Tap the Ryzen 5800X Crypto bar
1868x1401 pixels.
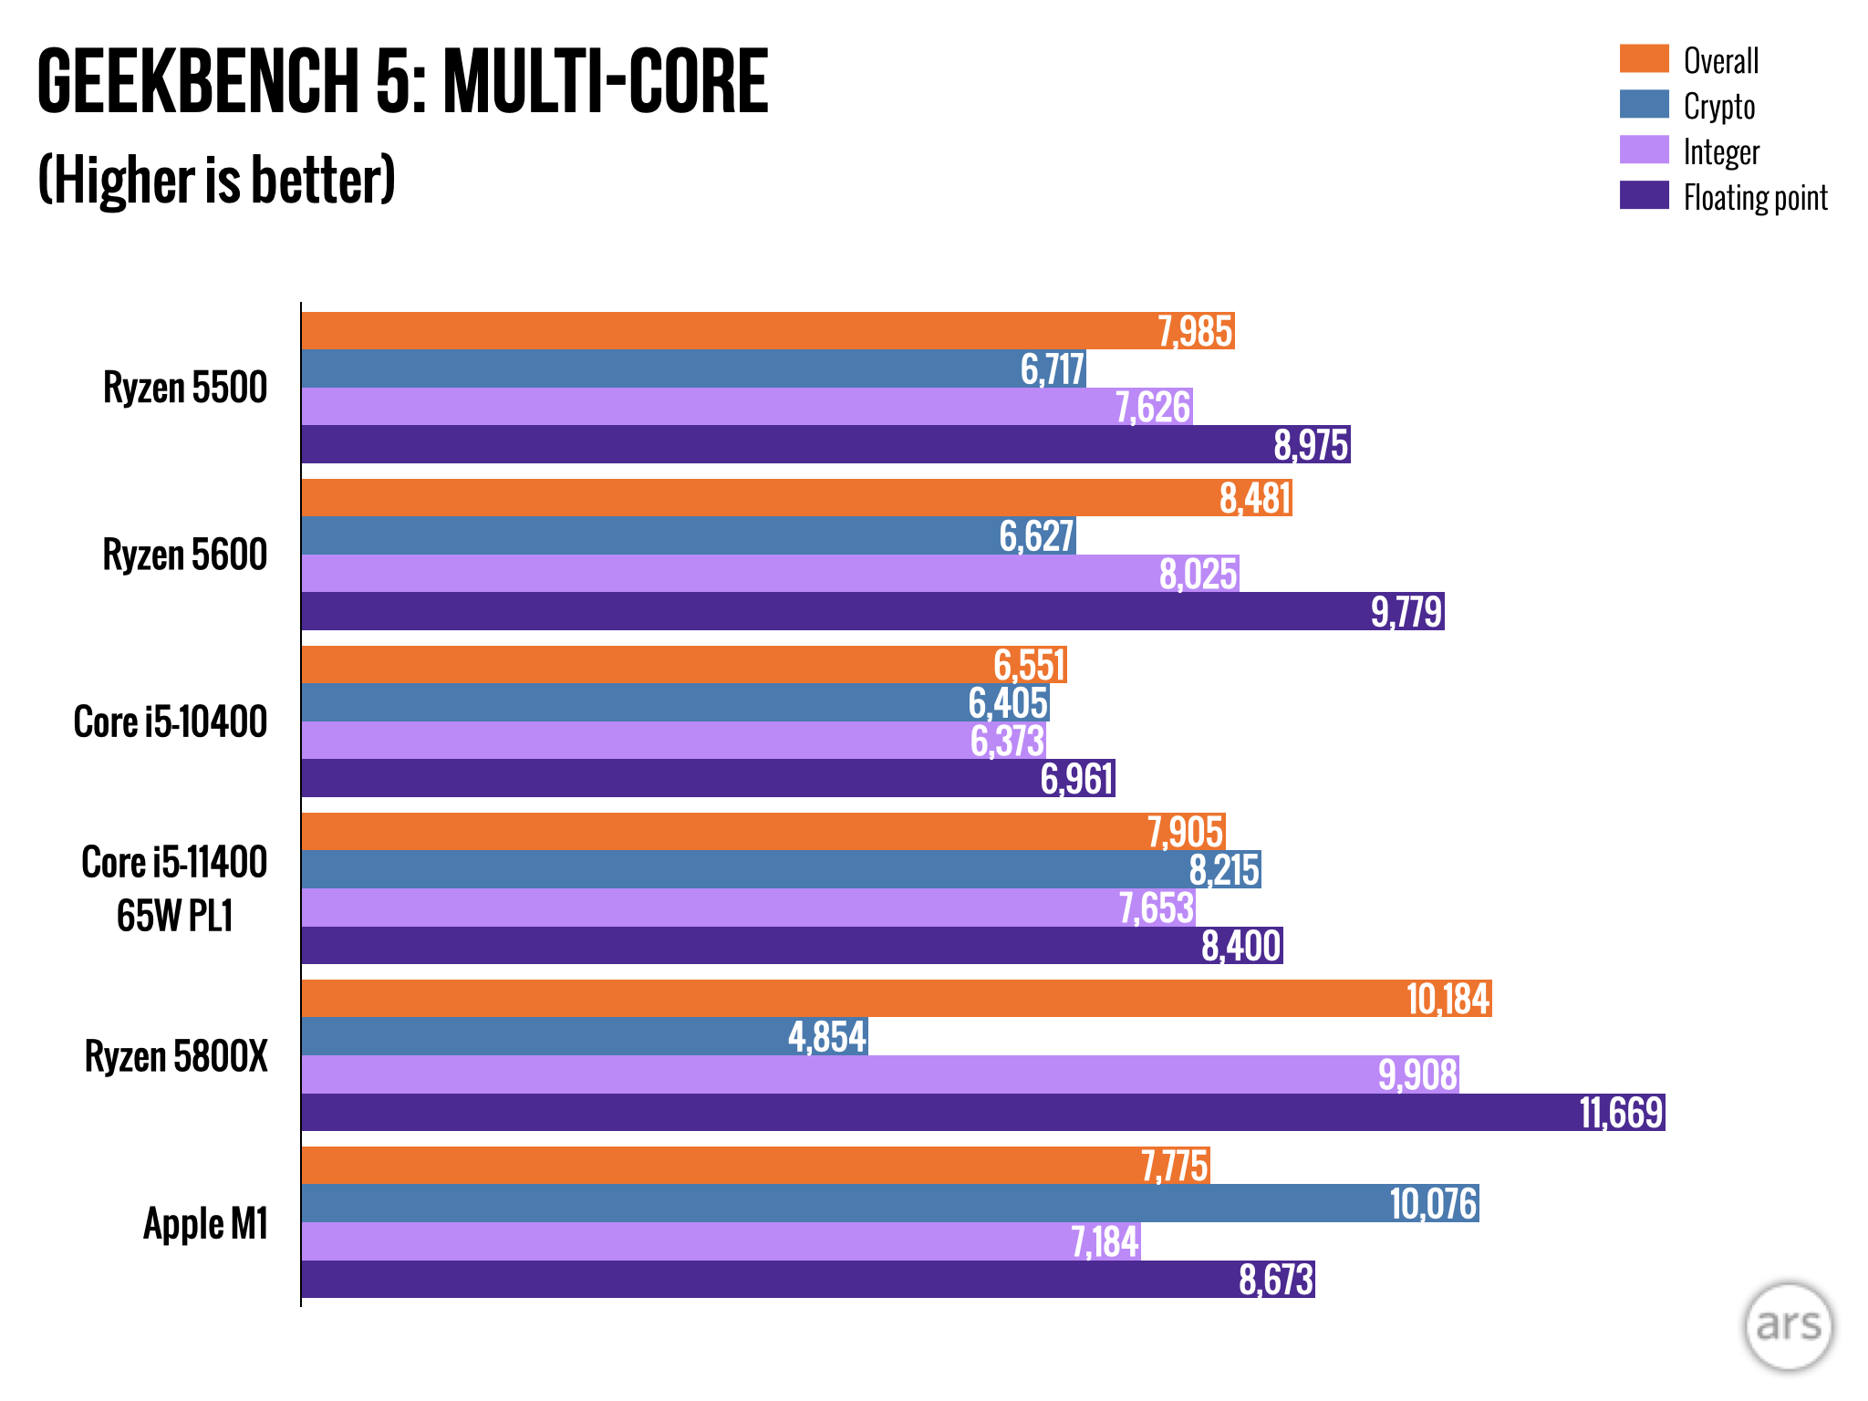click(547, 1037)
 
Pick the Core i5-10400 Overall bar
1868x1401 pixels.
click(638, 665)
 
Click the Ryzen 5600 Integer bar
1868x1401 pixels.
click(730, 574)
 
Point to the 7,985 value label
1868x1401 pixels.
click(1195, 331)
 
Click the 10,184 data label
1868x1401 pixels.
click(1448, 999)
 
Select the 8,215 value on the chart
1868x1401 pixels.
click(1224, 870)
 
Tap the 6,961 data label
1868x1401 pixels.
click(1077, 779)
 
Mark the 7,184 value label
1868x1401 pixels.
click(1105, 1241)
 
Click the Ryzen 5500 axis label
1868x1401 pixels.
click(185, 388)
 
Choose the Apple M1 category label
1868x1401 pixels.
click(205, 1223)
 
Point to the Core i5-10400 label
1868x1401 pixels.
click(171, 721)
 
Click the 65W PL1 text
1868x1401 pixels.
click(175, 916)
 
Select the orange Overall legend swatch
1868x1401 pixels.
click(1644, 58)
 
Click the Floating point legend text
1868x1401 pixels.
click(1755, 197)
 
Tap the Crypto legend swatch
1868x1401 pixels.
click(1644, 104)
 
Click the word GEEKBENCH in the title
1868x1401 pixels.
click(197, 82)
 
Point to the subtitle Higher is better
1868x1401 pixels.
click(217, 180)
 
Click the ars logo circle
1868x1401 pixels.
click(1788, 1325)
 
